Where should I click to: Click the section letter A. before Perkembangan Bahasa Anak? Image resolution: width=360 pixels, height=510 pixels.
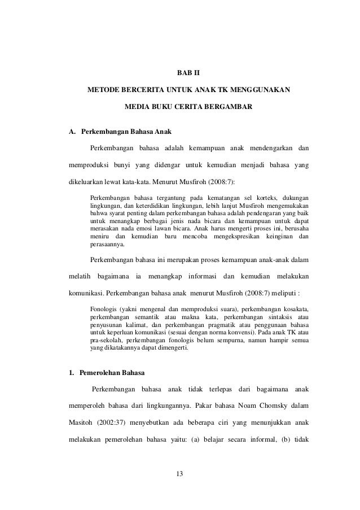coord(72,133)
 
